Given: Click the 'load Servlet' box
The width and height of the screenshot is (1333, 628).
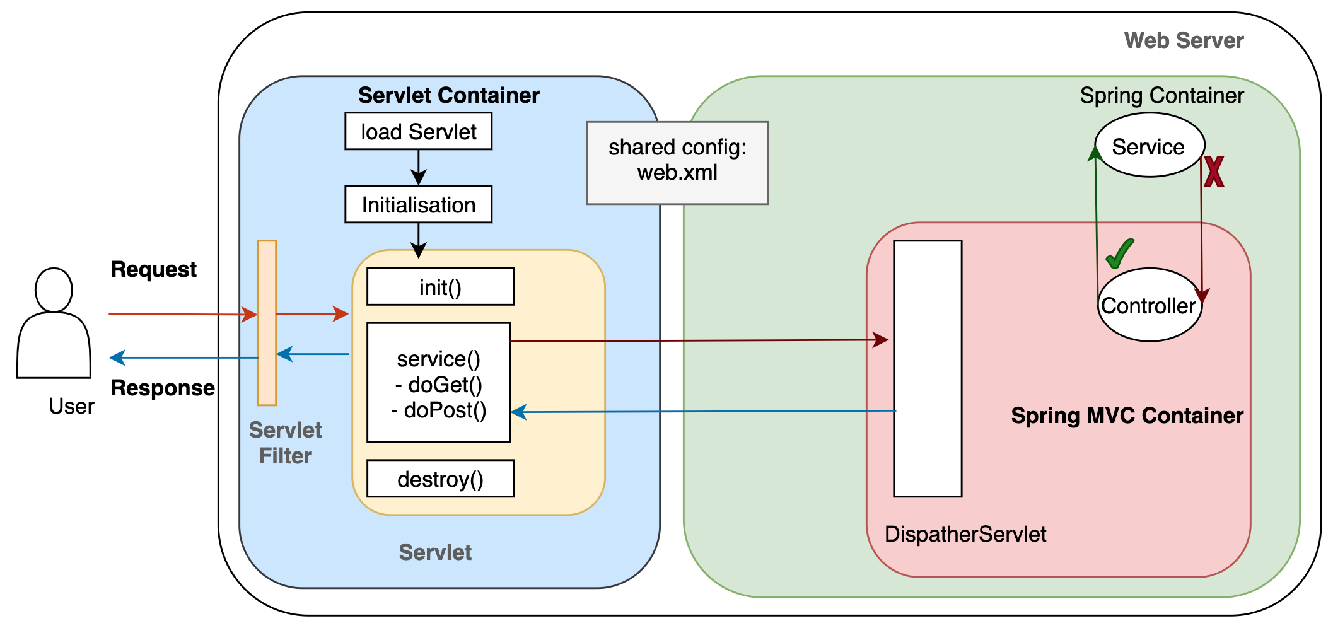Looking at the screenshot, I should [418, 132].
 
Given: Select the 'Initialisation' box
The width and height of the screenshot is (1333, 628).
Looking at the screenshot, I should [418, 204].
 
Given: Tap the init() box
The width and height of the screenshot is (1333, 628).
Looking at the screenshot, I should [440, 287].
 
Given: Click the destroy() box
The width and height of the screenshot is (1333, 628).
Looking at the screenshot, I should [440, 479].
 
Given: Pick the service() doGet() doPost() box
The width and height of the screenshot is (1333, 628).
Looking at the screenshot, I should [438, 383].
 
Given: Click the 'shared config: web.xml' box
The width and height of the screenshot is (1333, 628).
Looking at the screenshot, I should [677, 163].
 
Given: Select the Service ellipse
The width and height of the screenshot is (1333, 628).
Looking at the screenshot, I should [1149, 146].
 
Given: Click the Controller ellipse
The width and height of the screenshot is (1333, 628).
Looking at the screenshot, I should [1149, 305].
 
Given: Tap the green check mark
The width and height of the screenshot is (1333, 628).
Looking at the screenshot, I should [1120, 253].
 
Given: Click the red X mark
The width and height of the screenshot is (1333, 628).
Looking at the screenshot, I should [1214, 172].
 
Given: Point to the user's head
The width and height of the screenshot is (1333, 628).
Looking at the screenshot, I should [54, 289].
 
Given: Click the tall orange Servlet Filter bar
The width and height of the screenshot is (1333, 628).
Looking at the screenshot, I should [267, 322].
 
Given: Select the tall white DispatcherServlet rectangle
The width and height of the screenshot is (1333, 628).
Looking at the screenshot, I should [928, 368].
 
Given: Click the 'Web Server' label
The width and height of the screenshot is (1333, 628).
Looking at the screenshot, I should [1184, 40].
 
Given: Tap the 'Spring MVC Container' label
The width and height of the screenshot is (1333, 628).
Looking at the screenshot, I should [1127, 416].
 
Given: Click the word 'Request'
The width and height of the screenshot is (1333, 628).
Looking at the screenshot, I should [153, 269].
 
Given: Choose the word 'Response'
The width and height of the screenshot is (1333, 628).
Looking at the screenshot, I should [162, 388].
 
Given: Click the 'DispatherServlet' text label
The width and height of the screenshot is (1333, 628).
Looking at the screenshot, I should [965, 534].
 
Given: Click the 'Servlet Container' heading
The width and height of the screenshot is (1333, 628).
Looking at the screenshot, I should [448, 95].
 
